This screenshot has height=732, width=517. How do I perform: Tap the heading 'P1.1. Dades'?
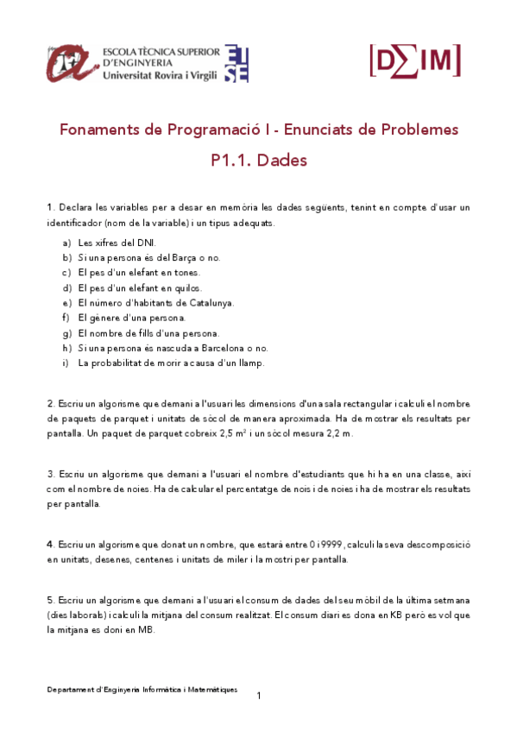click(258, 161)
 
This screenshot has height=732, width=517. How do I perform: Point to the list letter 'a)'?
click(66, 243)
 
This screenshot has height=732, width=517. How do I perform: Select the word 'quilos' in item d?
click(196, 287)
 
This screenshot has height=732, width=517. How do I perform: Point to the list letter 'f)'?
click(66, 318)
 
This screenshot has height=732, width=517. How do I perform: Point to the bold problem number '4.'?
click(51, 545)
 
